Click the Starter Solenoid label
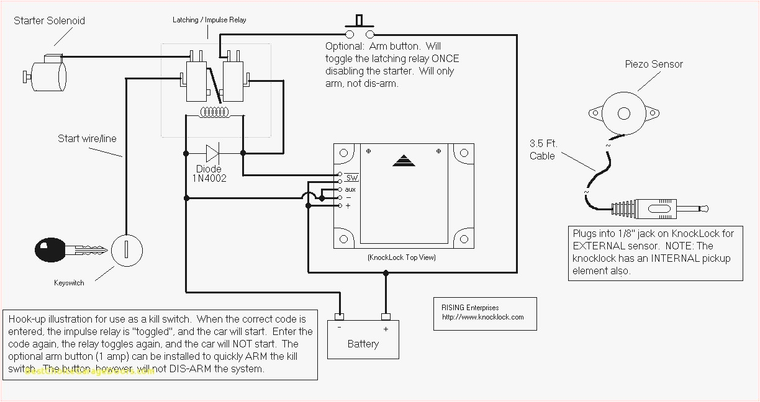(x=49, y=20)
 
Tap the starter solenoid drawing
(x=47, y=73)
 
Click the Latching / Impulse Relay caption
(x=209, y=20)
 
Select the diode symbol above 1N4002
(x=213, y=153)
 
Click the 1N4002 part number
(x=209, y=179)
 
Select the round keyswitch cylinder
(x=127, y=251)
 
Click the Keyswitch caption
(x=69, y=283)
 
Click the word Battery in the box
(x=363, y=344)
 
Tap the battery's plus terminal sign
(x=386, y=329)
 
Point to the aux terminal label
(x=350, y=189)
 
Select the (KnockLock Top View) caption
(x=401, y=257)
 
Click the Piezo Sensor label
(x=653, y=64)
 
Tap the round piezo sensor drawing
(x=623, y=113)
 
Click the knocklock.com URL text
(x=482, y=317)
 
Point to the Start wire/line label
(x=87, y=138)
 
